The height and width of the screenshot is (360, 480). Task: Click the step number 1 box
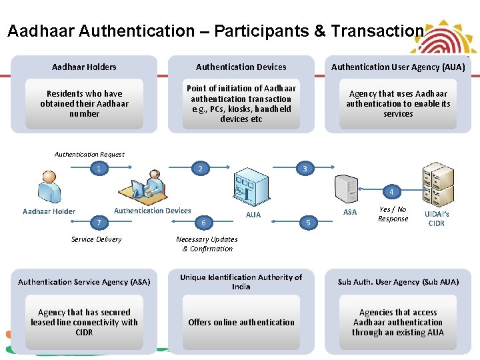99,169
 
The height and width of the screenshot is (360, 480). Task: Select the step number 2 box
200,169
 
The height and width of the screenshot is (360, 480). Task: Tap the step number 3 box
305,169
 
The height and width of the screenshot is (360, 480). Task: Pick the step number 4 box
391,192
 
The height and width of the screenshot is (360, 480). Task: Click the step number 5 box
307,222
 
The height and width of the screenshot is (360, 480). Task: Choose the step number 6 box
203,222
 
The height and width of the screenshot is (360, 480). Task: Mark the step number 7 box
99,221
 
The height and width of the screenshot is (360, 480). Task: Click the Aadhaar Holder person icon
50,187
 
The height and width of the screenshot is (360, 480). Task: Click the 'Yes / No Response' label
393,214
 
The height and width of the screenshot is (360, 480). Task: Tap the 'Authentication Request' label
89,154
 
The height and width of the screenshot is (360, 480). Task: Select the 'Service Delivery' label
97,239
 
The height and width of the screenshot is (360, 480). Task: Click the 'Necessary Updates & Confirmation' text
207,244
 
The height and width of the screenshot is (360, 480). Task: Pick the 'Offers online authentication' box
241,323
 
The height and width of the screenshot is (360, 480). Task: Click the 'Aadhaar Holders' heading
84,67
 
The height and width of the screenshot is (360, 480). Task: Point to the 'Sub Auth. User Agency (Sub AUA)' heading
398,282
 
